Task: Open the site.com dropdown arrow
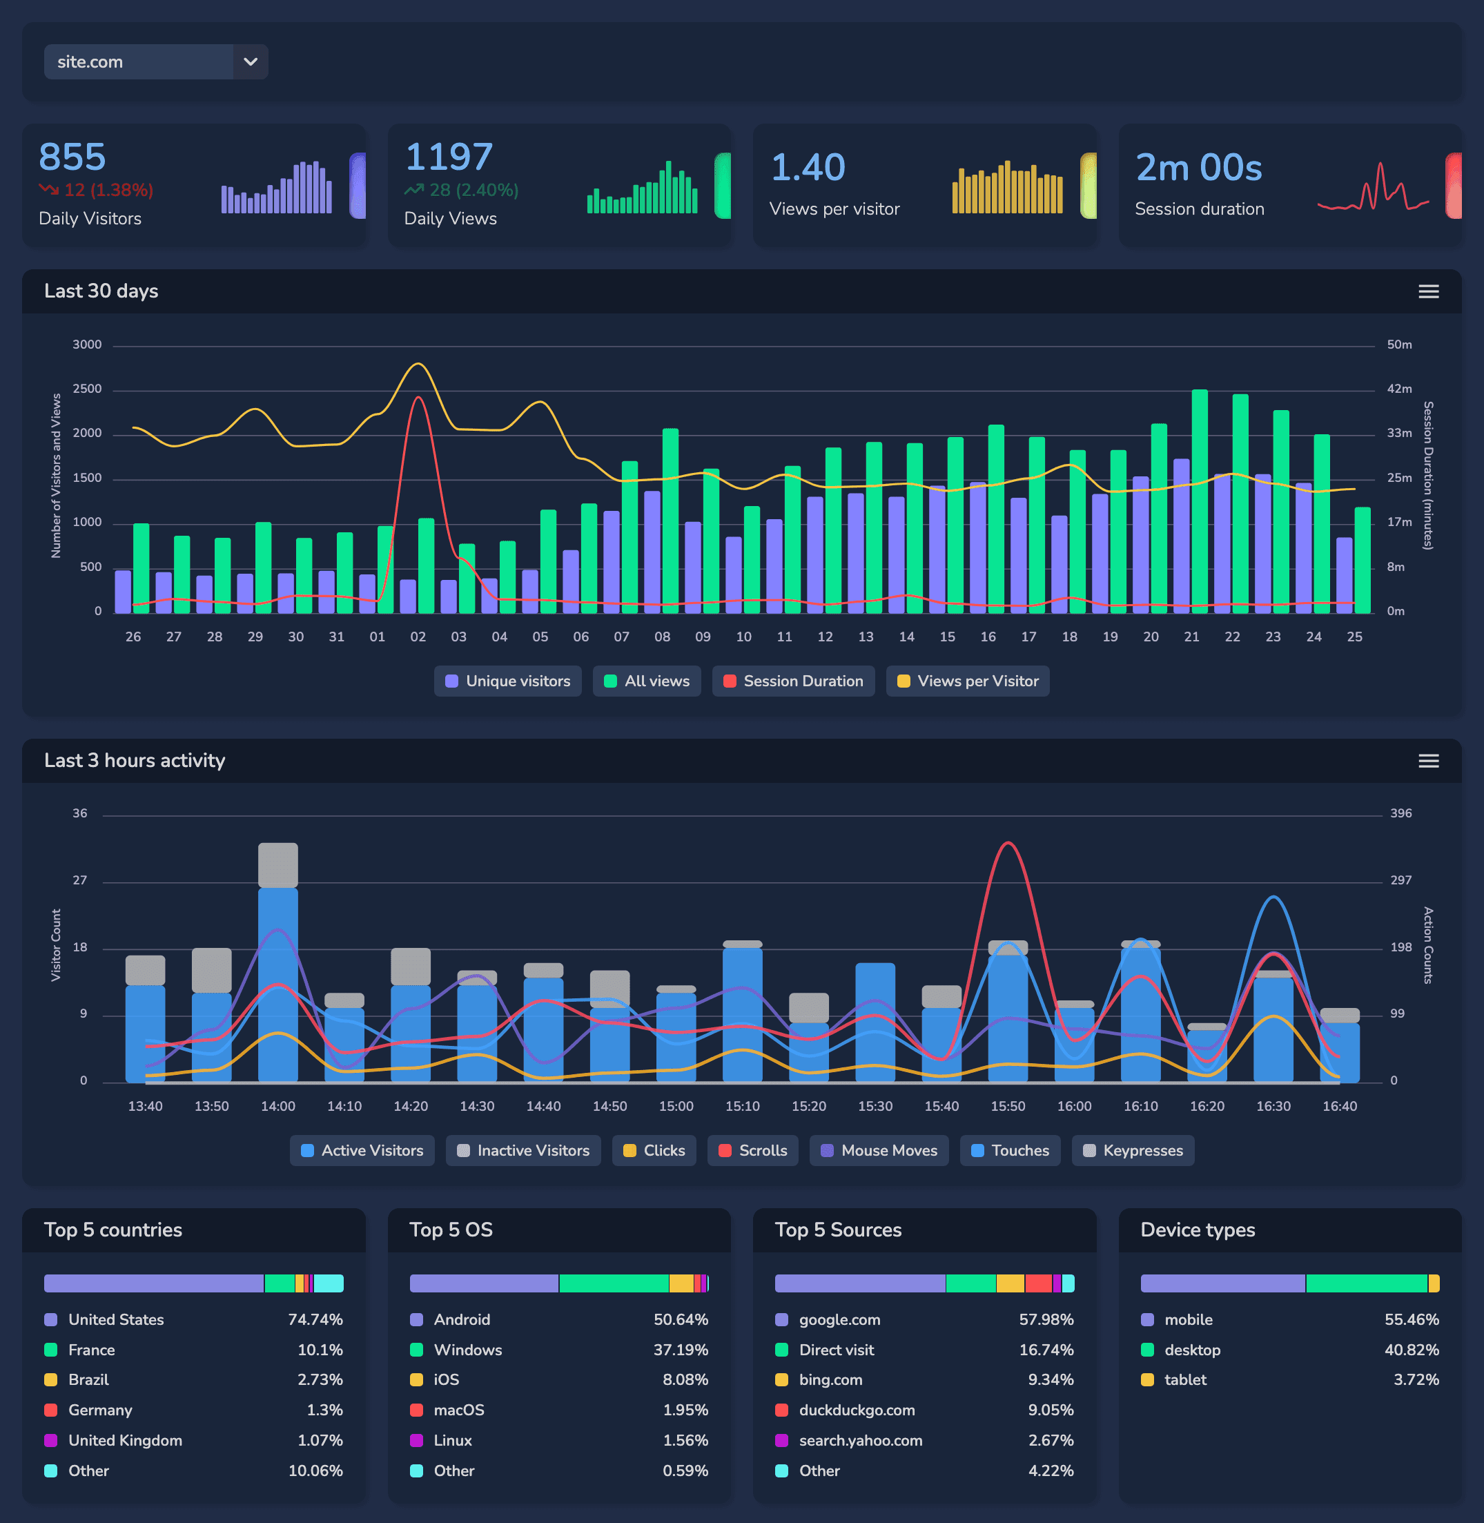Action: point(250,61)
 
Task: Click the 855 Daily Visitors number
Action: point(72,157)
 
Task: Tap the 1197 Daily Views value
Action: point(449,157)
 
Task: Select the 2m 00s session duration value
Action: point(1198,168)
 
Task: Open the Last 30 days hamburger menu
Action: point(1428,291)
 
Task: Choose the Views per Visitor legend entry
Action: point(967,681)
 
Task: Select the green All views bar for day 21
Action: point(1200,499)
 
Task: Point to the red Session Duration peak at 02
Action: point(418,398)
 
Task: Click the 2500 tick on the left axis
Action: point(86,389)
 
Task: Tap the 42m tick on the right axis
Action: point(1399,389)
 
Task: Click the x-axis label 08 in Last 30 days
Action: point(662,637)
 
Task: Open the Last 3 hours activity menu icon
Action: point(1428,761)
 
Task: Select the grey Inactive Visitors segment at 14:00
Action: point(277,865)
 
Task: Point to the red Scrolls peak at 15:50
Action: point(1008,844)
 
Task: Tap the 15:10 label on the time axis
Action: point(742,1106)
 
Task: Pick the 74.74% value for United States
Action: point(315,1319)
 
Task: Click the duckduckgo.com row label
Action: point(857,1410)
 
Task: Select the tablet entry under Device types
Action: point(1184,1379)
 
